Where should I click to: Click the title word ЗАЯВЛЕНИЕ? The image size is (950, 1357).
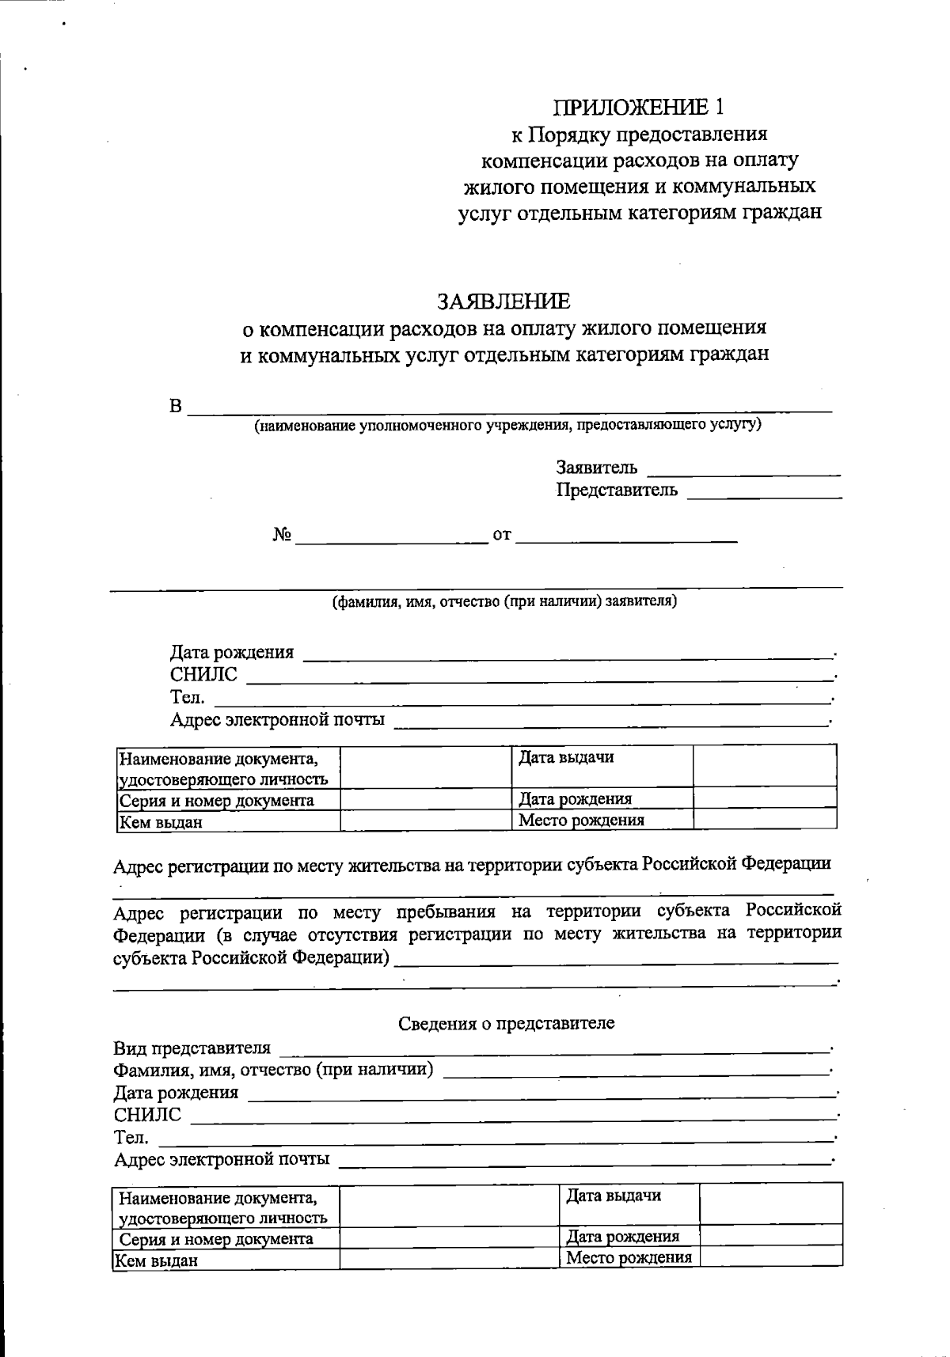(503, 301)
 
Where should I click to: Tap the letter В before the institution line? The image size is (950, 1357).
(176, 407)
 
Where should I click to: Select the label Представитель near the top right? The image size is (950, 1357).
(617, 490)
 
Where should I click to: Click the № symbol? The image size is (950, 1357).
(282, 536)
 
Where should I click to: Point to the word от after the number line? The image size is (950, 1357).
(502, 536)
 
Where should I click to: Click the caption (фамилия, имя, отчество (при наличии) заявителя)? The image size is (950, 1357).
(503, 601)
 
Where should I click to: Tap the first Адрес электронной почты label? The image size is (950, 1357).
(277, 719)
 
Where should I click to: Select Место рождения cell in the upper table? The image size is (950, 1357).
(581, 820)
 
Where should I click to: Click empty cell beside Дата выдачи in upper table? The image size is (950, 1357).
(764, 765)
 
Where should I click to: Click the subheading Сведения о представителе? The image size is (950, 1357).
(506, 1023)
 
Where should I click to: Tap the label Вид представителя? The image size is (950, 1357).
(192, 1048)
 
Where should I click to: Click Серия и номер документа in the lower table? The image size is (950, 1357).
(215, 1238)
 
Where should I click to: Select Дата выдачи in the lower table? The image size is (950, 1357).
(614, 1196)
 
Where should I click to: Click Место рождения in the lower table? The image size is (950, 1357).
(629, 1257)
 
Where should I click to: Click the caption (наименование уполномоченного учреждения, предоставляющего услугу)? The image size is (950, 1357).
(507, 426)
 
